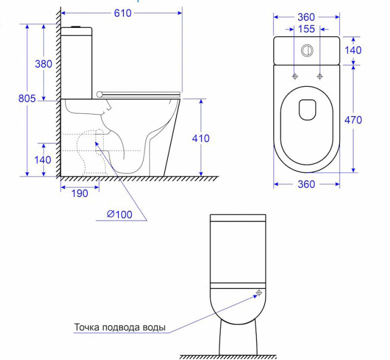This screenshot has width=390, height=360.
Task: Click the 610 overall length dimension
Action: pos(123,13)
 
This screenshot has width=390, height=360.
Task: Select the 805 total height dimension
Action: pos(27,98)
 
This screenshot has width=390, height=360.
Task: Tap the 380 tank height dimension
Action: pos(43,64)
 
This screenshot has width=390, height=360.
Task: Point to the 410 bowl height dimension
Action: pos(201,138)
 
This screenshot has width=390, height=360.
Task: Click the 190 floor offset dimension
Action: pos(80,193)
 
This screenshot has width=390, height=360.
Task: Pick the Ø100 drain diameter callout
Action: pos(119,214)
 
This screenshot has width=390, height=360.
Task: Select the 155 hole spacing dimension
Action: pos(307,29)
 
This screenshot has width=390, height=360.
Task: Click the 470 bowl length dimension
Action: pos(353,120)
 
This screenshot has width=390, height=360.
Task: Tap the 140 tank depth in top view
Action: pos(353,50)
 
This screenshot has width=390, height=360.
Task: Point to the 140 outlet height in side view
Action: pos(43,160)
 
